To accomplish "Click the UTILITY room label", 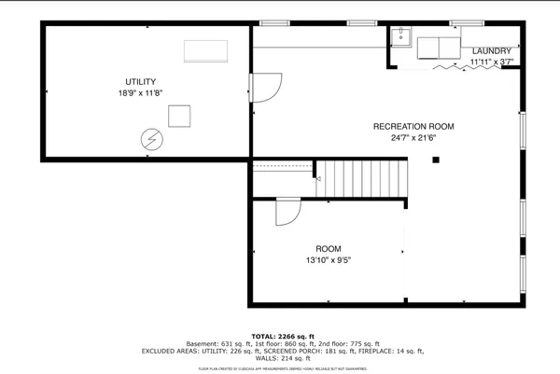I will click(142, 82).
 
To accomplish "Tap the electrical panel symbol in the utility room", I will click(149, 140).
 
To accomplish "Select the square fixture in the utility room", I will click(179, 116).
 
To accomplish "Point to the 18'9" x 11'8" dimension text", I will click(142, 94).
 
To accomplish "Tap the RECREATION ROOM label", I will click(413, 126).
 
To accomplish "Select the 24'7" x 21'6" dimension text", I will click(413, 138).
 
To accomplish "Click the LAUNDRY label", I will click(491, 50).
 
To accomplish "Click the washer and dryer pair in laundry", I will click(438, 48).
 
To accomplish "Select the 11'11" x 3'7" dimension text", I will click(491, 62).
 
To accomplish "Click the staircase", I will click(364, 176).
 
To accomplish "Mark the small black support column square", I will click(435, 159).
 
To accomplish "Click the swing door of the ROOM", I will click(285, 214).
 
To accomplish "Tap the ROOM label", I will click(328, 248).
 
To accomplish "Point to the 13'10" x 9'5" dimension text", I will click(328, 260).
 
